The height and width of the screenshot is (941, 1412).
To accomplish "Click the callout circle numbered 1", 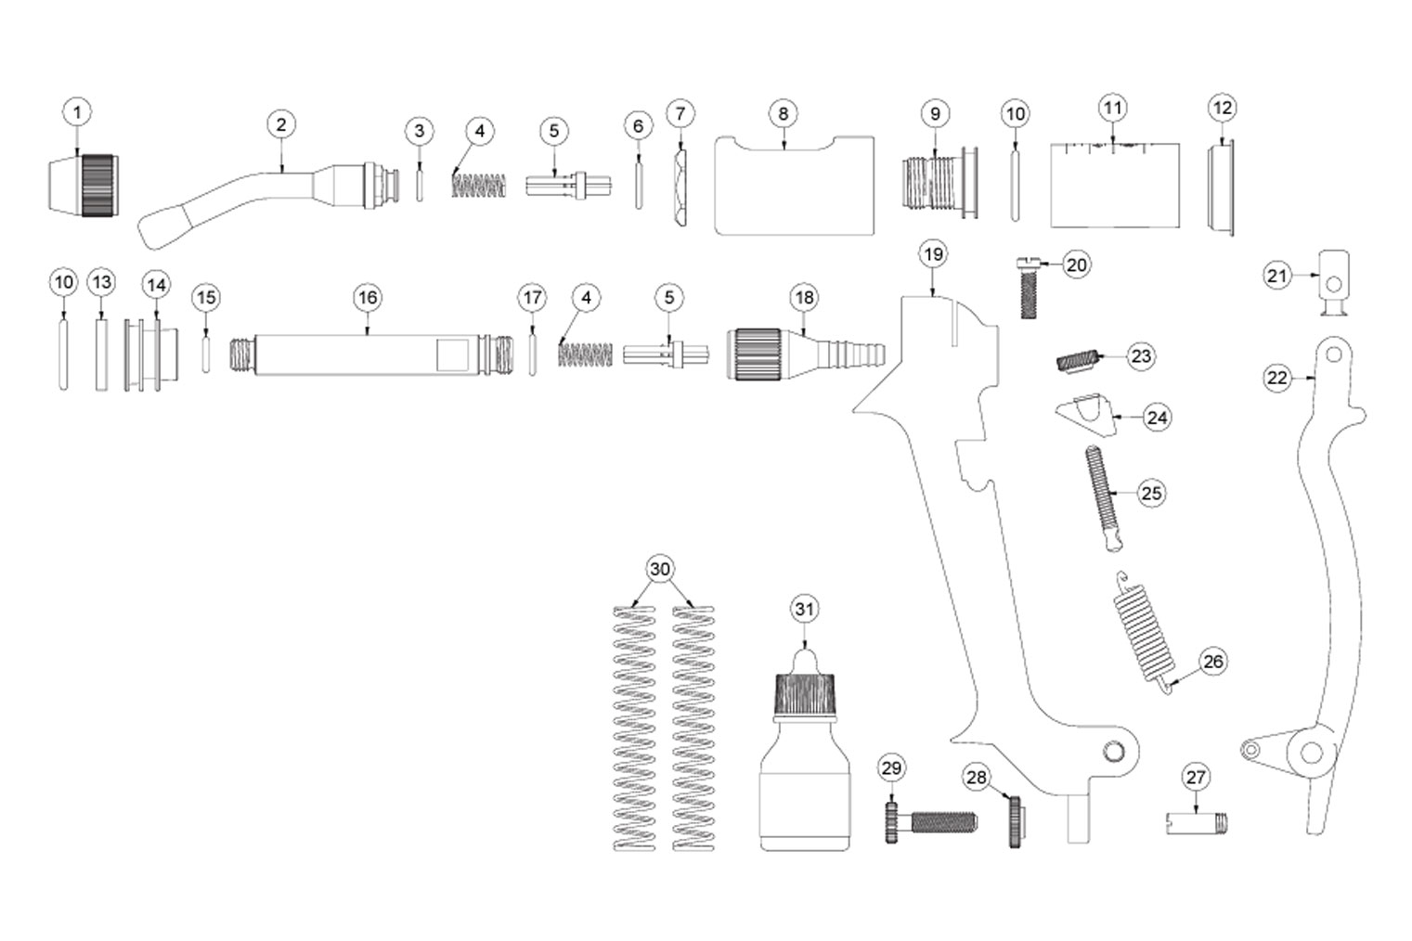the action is pyautogui.click(x=77, y=113).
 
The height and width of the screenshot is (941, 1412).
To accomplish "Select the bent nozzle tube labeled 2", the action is pyautogui.click(x=265, y=196).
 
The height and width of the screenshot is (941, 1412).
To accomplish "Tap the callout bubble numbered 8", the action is pyautogui.click(x=783, y=114).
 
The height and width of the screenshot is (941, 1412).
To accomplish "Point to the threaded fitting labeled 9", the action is pyautogui.click(x=938, y=184).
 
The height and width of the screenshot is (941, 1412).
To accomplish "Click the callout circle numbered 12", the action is pyautogui.click(x=1223, y=109).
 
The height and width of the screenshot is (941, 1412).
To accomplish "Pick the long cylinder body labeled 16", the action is pyautogui.click(x=370, y=354).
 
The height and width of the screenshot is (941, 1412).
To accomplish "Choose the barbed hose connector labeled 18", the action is pyautogui.click(x=806, y=354).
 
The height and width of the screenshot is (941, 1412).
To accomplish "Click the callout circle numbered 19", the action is pyautogui.click(x=933, y=254).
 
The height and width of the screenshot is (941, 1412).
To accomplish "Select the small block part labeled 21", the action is pyautogui.click(x=1334, y=282).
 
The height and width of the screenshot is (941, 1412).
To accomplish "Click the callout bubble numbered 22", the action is pyautogui.click(x=1277, y=379).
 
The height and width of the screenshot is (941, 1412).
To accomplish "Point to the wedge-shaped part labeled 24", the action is pyautogui.click(x=1085, y=414).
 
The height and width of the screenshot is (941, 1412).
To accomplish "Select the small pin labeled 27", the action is pyautogui.click(x=1197, y=823).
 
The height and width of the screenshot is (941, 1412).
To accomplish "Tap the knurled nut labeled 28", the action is pyautogui.click(x=1017, y=822).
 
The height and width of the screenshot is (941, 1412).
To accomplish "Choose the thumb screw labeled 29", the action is pyautogui.click(x=931, y=822).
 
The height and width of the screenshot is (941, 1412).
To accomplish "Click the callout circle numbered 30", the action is pyautogui.click(x=659, y=569).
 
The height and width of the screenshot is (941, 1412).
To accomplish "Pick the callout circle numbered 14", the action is pyautogui.click(x=156, y=285).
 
